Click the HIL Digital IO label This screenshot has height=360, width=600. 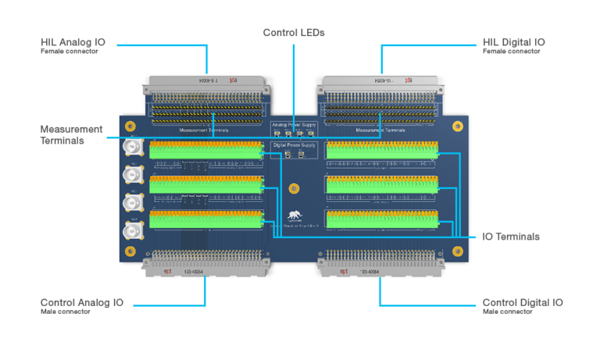click(x=514, y=42)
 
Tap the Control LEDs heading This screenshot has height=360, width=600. click(x=293, y=33)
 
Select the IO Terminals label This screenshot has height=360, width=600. click(x=512, y=237)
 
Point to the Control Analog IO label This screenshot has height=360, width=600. click(x=81, y=302)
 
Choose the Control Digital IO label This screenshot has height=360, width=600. click(x=522, y=302)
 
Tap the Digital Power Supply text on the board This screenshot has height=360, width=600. click(x=293, y=145)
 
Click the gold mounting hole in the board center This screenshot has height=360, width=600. click(x=294, y=188)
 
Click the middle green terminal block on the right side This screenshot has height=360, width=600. click(x=381, y=184)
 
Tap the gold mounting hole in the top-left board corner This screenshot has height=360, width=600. click(x=130, y=126)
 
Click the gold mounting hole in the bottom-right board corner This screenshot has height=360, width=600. click(x=457, y=251)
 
